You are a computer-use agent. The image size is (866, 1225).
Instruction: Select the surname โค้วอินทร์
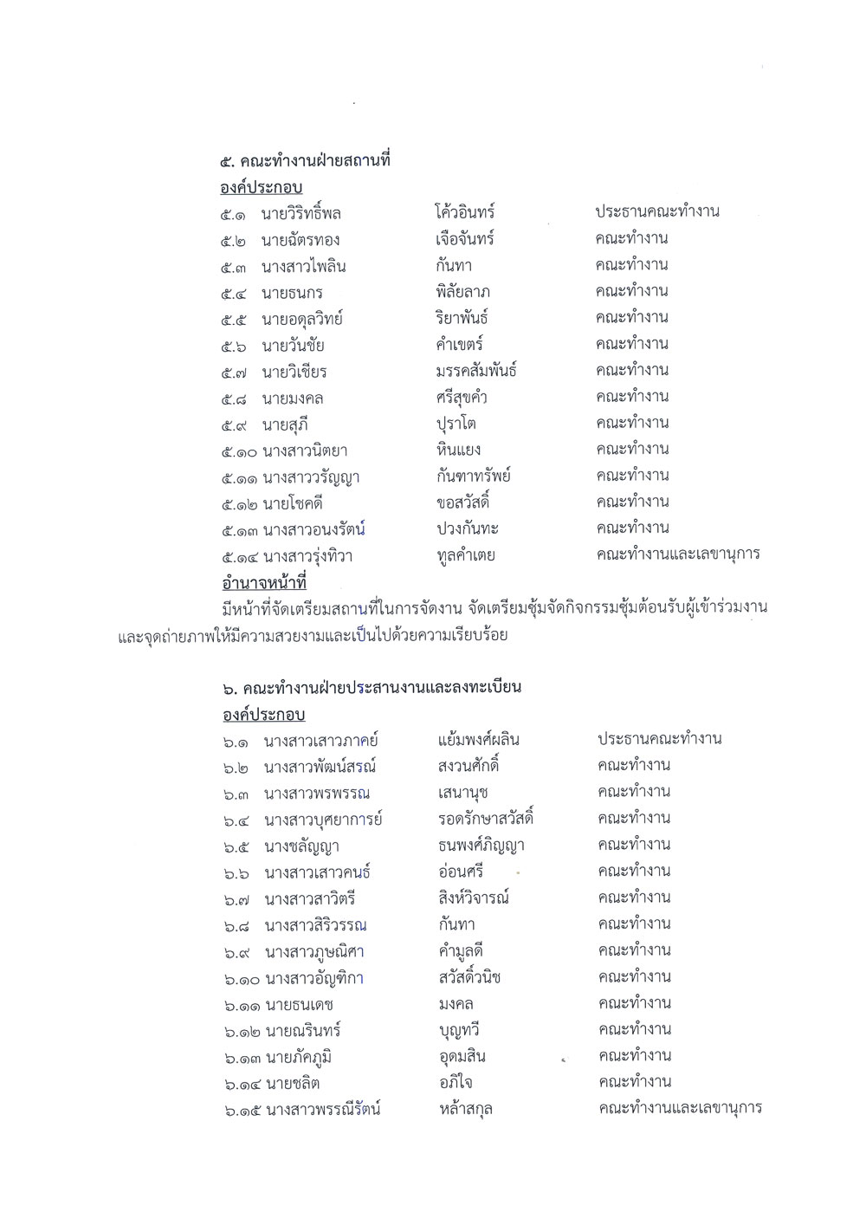click(465, 212)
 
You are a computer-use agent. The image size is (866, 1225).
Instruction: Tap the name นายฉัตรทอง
click(301, 240)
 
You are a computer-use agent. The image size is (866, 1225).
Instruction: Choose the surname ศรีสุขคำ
click(469, 398)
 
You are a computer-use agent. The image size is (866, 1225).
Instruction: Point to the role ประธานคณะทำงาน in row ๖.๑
click(659, 739)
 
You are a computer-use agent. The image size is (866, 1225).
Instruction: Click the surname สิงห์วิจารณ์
click(474, 898)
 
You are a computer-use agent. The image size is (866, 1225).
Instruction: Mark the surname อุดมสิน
click(462, 1057)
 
